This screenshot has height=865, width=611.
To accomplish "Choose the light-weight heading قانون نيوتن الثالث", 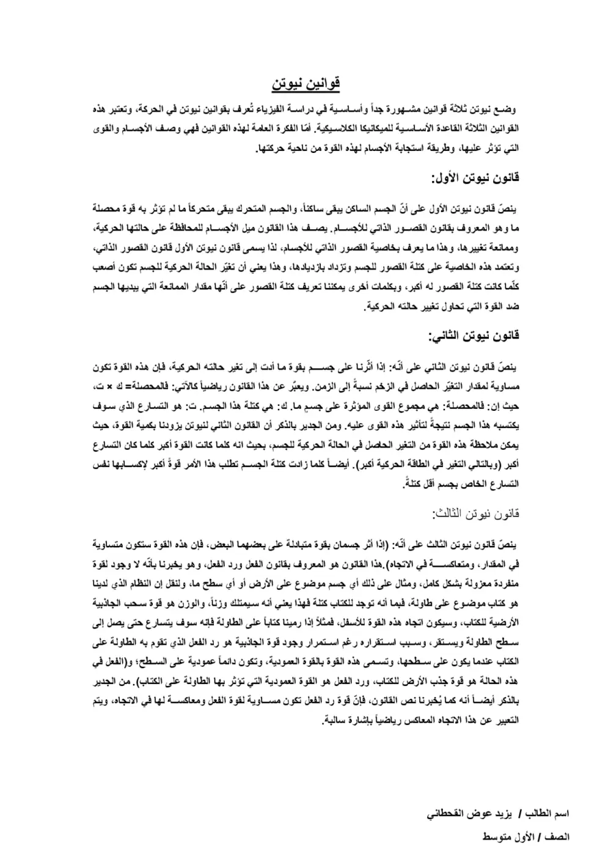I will click(475, 513).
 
